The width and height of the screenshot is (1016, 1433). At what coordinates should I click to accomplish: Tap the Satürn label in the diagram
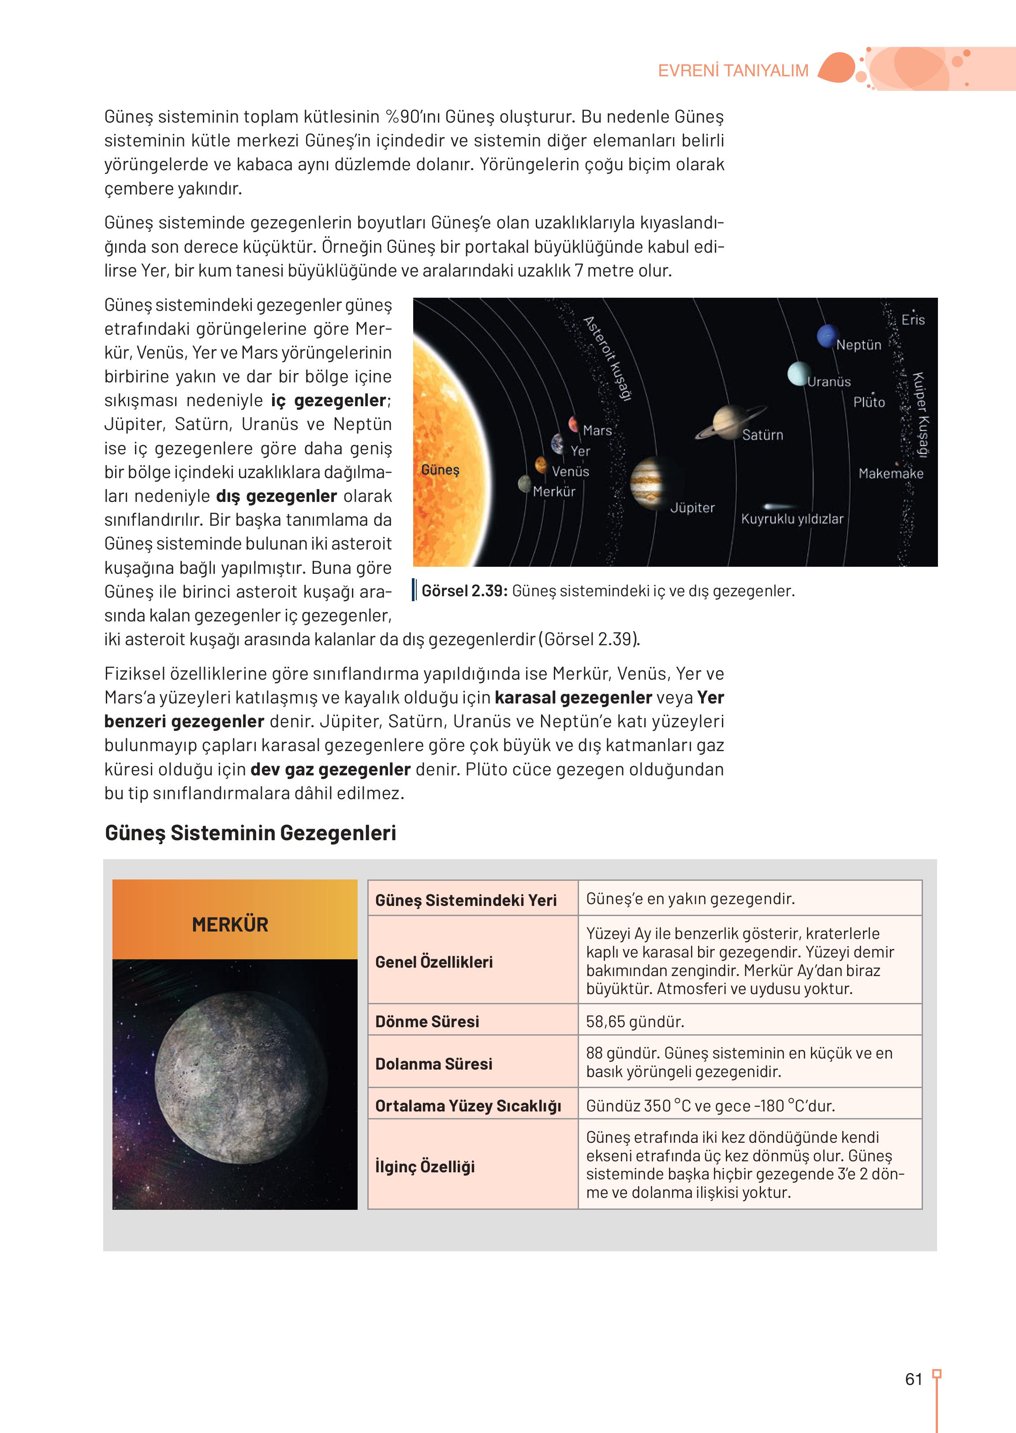(x=762, y=435)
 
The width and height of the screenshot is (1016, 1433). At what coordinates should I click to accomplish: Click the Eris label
(x=913, y=320)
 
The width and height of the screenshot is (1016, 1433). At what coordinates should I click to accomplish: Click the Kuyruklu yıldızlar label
(x=792, y=519)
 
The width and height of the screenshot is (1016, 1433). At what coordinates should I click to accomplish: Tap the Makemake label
(x=890, y=474)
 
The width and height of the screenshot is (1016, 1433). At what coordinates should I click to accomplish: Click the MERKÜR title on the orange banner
(x=230, y=924)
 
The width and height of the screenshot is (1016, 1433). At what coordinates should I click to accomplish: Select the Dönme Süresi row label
(x=427, y=1021)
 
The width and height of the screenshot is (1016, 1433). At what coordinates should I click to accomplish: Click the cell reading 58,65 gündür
(x=635, y=1021)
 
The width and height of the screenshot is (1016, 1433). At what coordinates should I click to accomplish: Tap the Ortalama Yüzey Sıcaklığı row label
(x=467, y=1106)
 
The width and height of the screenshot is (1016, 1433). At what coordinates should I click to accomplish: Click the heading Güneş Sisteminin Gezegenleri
(x=250, y=833)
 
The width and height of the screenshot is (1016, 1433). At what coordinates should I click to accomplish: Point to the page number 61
(x=913, y=1379)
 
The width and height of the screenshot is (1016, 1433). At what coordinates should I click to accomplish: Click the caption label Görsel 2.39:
(x=464, y=591)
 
